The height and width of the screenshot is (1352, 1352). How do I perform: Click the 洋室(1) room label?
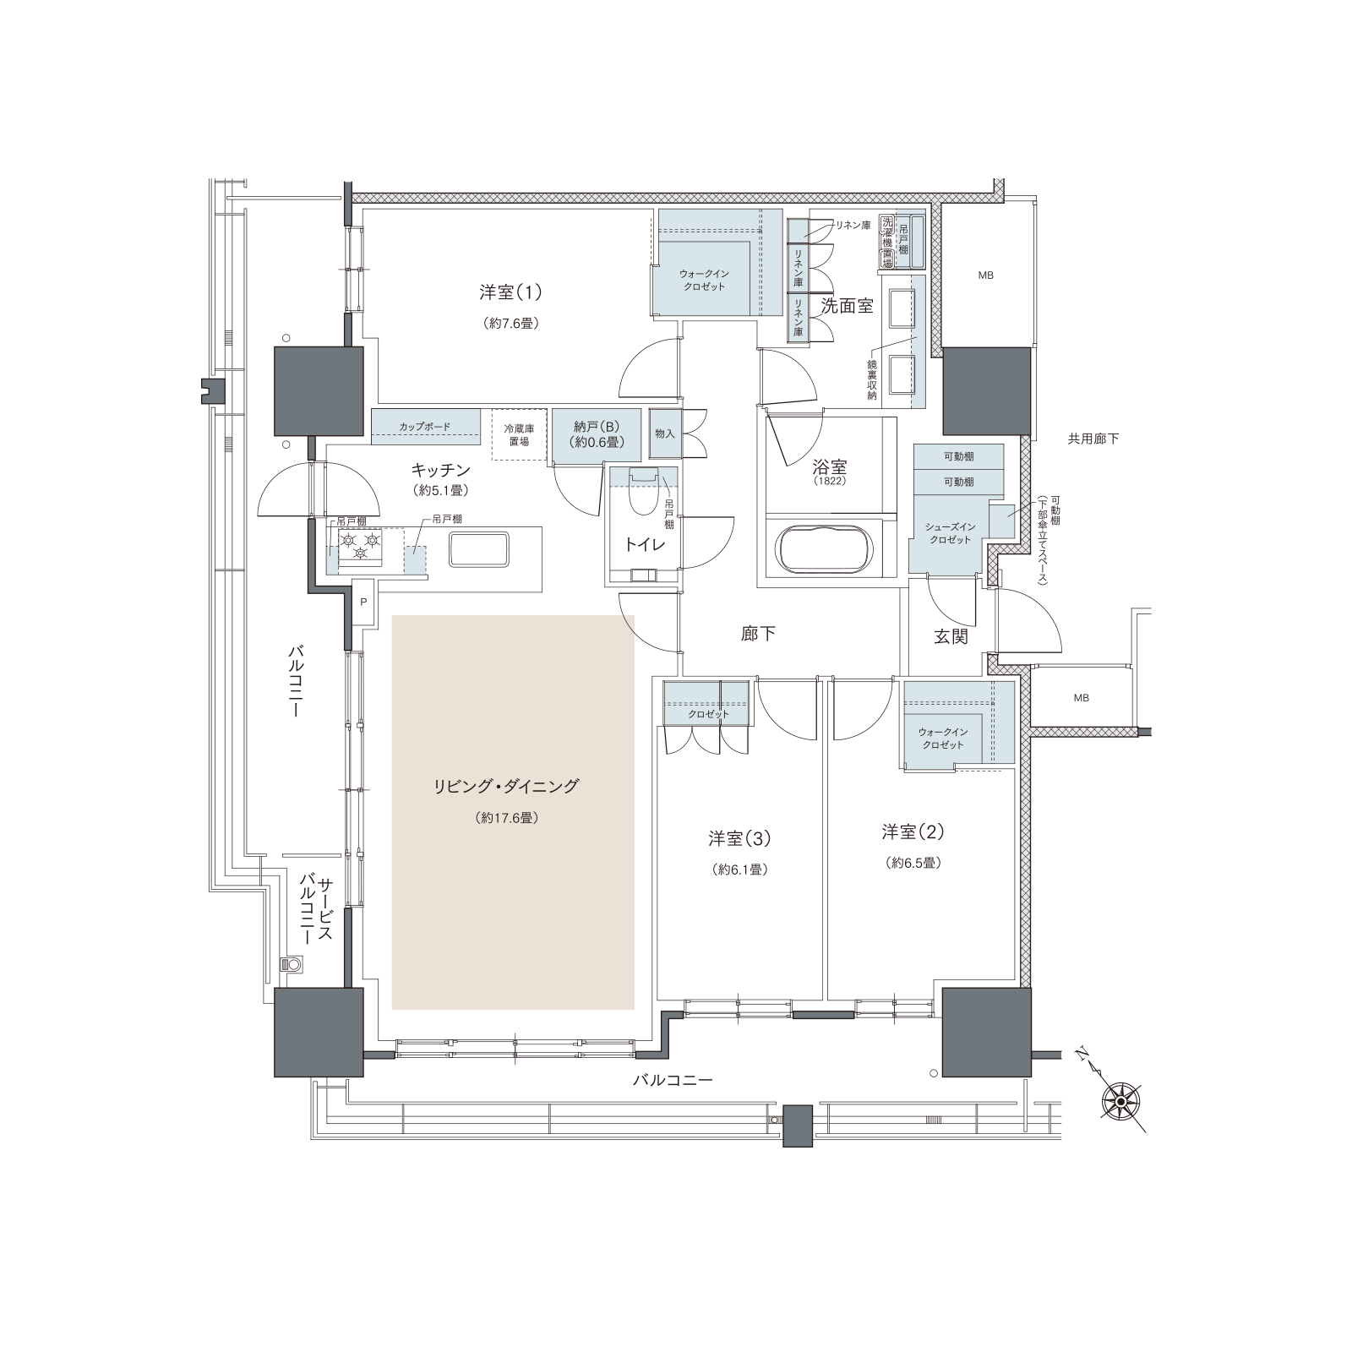coord(511,293)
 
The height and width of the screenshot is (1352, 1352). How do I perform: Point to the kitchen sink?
coord(479,549)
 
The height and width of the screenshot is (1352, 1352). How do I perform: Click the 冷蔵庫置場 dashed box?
coord(518,435)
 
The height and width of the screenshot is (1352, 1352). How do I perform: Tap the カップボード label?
coord(425,427)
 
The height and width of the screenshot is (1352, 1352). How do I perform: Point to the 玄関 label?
coord(951,636)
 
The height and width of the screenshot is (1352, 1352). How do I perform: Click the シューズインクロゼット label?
coord(951,533)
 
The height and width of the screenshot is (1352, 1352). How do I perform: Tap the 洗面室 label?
coord(848,306)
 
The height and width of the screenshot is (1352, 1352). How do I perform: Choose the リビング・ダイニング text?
coord(506,787)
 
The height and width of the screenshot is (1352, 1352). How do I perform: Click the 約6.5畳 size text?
coord(913,863)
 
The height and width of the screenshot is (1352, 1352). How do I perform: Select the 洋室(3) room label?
coord(739,839)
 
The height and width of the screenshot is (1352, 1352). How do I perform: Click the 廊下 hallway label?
coord(758,634)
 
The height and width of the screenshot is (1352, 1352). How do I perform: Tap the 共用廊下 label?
coord(1093,439)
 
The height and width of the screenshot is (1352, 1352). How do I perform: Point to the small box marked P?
coord(363,602)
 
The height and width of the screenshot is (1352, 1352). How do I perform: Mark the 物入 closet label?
coord(665,433)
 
